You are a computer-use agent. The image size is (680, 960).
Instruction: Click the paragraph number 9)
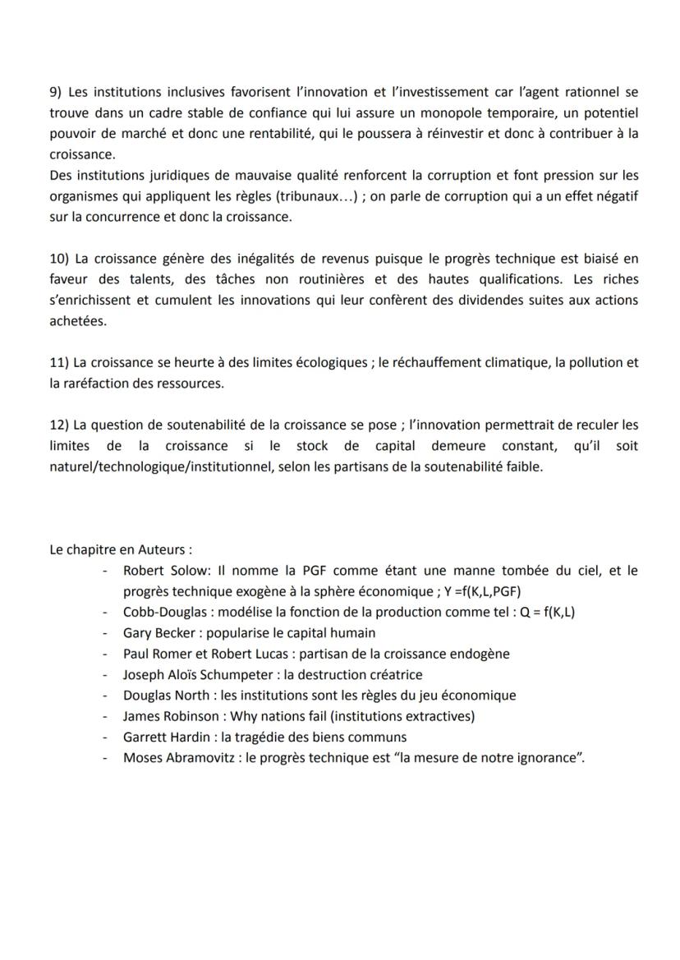(x=57, y=91)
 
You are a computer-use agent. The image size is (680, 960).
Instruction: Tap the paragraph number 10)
(x=60, y=259)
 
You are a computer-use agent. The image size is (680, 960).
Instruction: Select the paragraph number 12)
(x=60, y=425)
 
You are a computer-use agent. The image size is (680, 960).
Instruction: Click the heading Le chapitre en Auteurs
(x=121, y=550)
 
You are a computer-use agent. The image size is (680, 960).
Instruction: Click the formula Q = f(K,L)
(x=540, y=613)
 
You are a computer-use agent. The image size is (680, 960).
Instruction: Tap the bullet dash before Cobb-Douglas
(x=104, y=613)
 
